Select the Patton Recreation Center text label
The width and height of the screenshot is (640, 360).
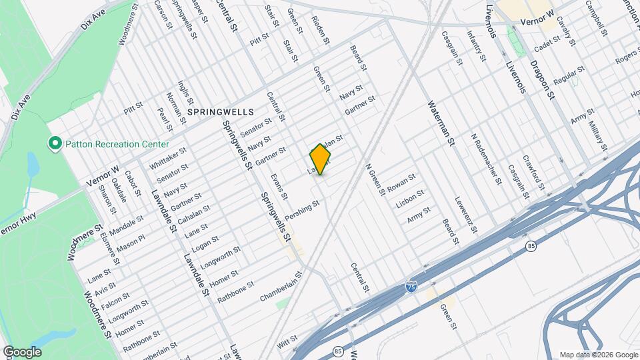pyautogui.click(x=116, y=144)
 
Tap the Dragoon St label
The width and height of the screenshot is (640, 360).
pyautogui.click(x=542, y=79)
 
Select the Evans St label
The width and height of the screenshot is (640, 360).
pyautogui.click(x=279, y=187)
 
